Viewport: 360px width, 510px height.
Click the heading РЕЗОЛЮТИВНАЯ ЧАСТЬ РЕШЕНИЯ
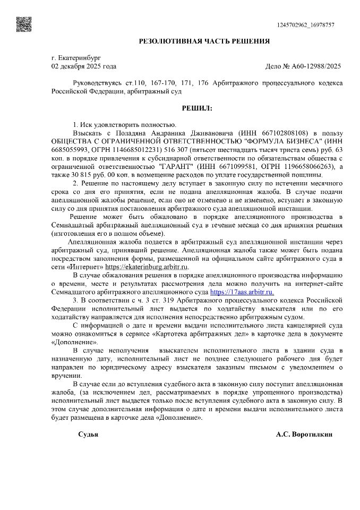(204, 41)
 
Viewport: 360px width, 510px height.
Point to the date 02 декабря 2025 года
(83, 66)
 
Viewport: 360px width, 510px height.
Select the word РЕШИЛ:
(197, 108)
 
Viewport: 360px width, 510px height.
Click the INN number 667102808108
(287, 132)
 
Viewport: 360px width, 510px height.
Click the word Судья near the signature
(88, 434)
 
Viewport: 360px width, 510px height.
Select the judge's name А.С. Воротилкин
(304, 434)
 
